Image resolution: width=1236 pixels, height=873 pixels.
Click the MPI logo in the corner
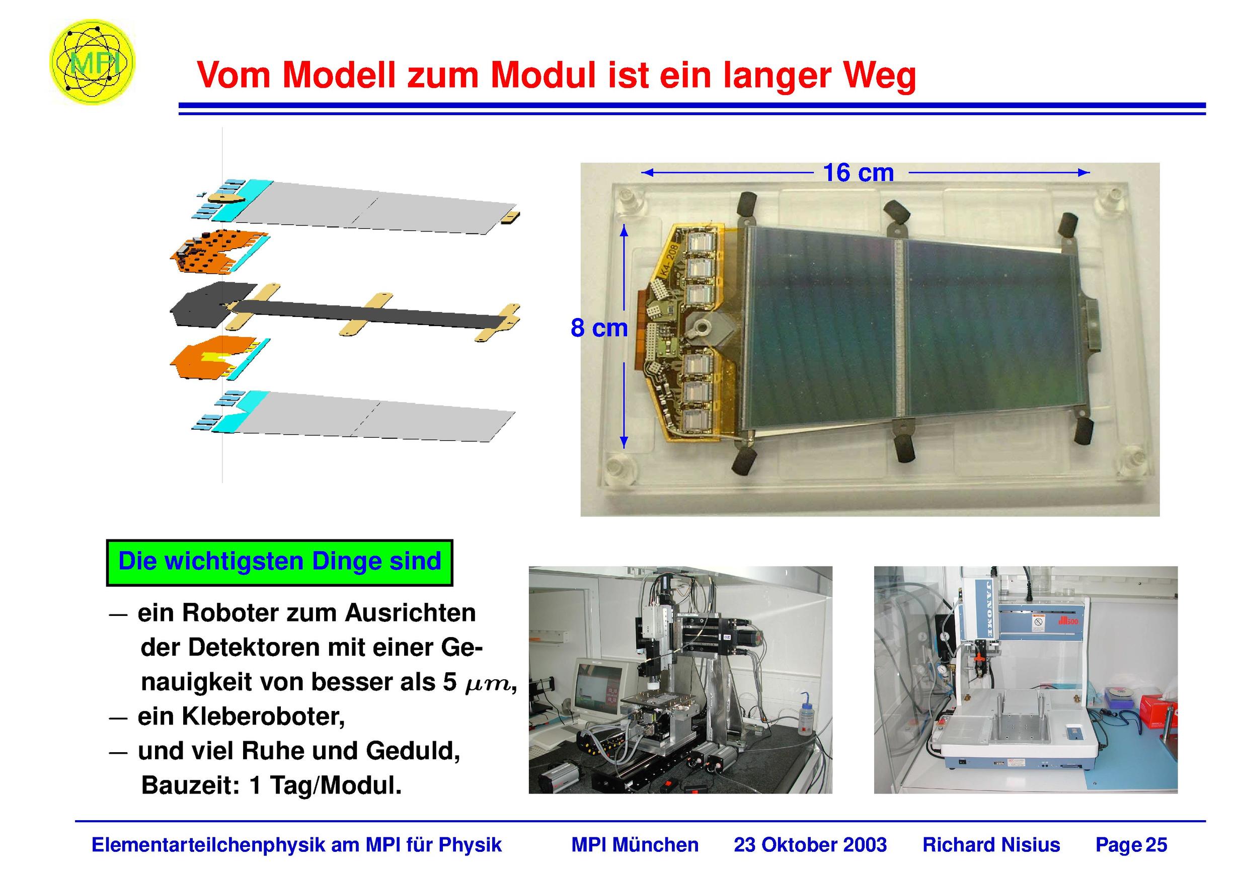coord(92,62)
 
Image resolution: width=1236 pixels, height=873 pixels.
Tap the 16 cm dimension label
coord(859,173)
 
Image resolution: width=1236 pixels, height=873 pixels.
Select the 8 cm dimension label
coord(598,328)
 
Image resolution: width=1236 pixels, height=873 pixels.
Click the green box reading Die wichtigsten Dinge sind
coord(279,563)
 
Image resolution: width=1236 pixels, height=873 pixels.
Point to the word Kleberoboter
coord(241,717)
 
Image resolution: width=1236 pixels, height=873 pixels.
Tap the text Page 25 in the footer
coord(1131,844)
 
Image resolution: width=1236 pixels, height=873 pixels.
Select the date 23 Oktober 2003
coord(810,844)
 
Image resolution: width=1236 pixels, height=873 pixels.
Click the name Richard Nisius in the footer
coord(991,844)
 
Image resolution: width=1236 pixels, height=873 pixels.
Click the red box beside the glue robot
coord(1157,713)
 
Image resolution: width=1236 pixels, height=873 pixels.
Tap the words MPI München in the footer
coord(635,844)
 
